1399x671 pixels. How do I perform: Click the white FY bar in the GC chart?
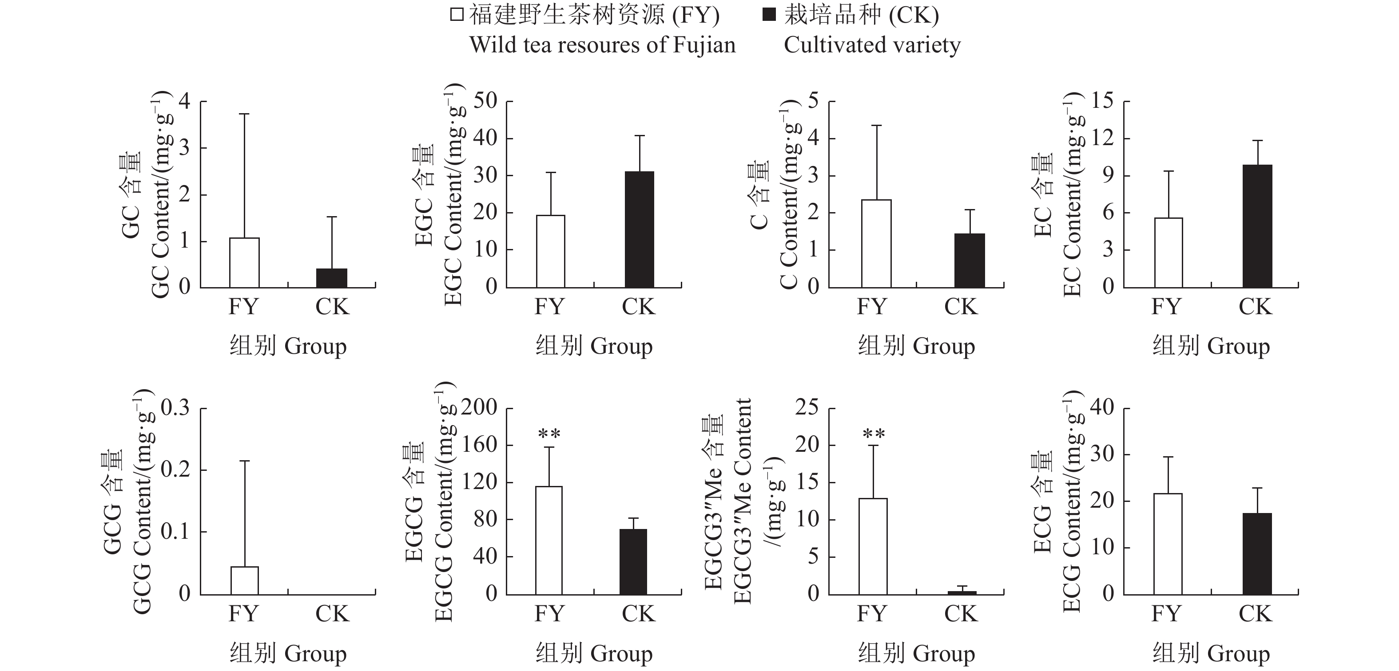pyautogui.click(x=244, y=263)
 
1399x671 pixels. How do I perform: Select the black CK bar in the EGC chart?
pyautogui.click(x=639, y=229)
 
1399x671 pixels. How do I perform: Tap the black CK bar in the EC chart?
pyautogui.click(x=1257, y=226)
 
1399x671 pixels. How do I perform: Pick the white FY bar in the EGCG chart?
pyautogui.click(x=549, y=540)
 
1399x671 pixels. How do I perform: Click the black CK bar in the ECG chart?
pyautogui.click(x=1257, y=554)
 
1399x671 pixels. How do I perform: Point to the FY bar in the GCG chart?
pyautogui.click(x=244, y=580)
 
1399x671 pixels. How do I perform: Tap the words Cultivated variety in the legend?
pyautogui.click(x=872, y=44)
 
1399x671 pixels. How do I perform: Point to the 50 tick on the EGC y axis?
pyautogui.click(x=485, y=102)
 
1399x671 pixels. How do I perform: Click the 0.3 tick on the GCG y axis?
pyautogui.click(x=175, y=408)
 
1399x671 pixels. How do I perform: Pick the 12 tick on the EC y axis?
pyautogui.click(x=1101, y=138)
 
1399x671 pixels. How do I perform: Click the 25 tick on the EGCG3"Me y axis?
pyautogui.click(x=807, y=408)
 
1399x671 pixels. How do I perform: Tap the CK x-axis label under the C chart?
pyautogui.click(x=961, y=307)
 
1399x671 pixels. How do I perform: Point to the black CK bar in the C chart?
pyautogui.click(x=970, y=260)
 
